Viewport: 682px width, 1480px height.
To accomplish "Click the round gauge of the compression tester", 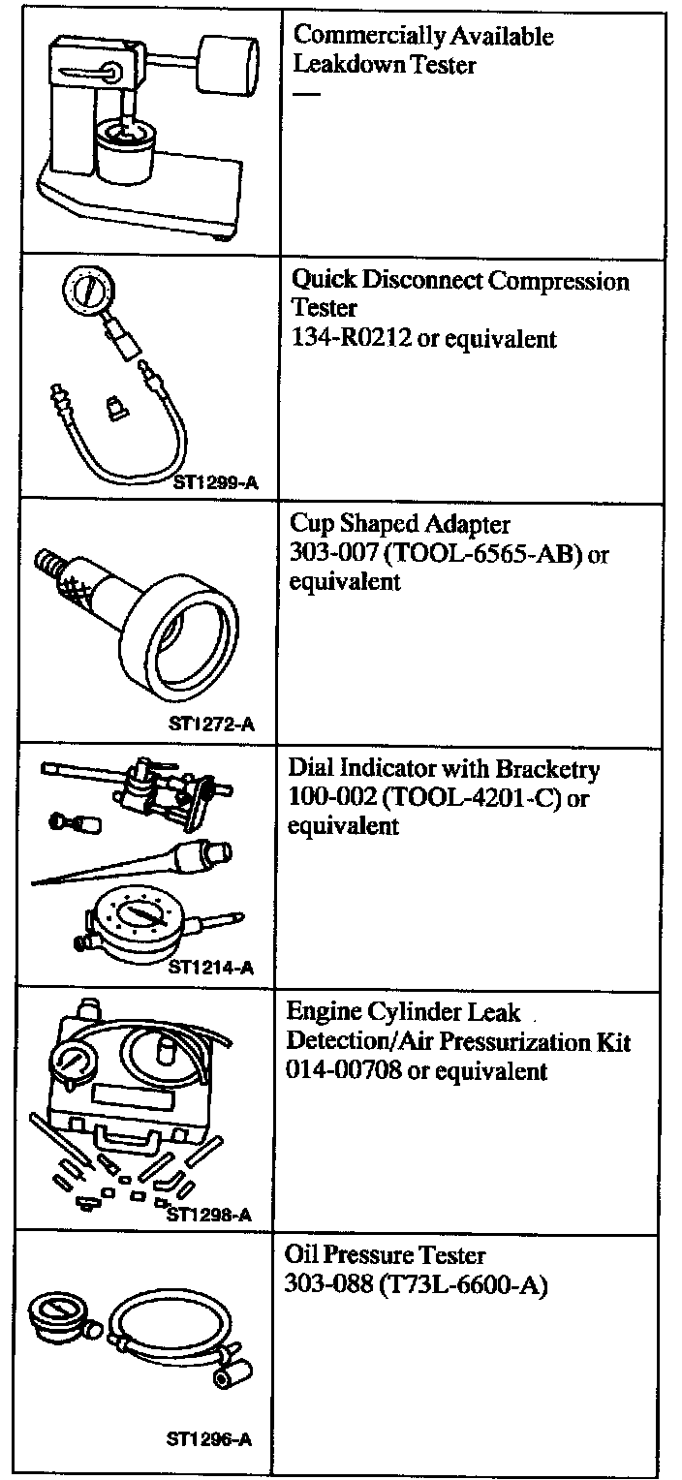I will pos(83,289).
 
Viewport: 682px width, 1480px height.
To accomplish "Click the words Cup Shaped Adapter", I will pos(400,524).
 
